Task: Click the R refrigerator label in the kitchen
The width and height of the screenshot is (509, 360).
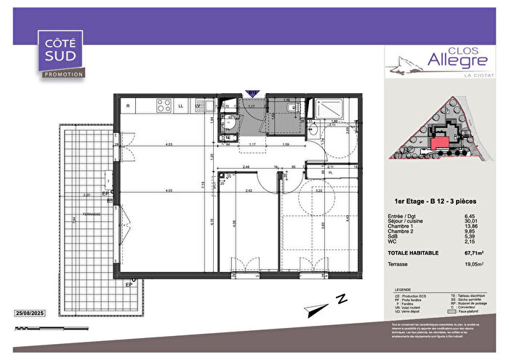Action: (x=129, y=107)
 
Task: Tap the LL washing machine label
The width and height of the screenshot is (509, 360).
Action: (x=181, y=107)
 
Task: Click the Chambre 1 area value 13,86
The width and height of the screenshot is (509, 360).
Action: (x=472, y=227)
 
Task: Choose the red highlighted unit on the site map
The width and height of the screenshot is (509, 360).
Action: (x=441, y=143)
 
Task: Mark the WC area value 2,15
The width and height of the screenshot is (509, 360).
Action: (x=473, y=240)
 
